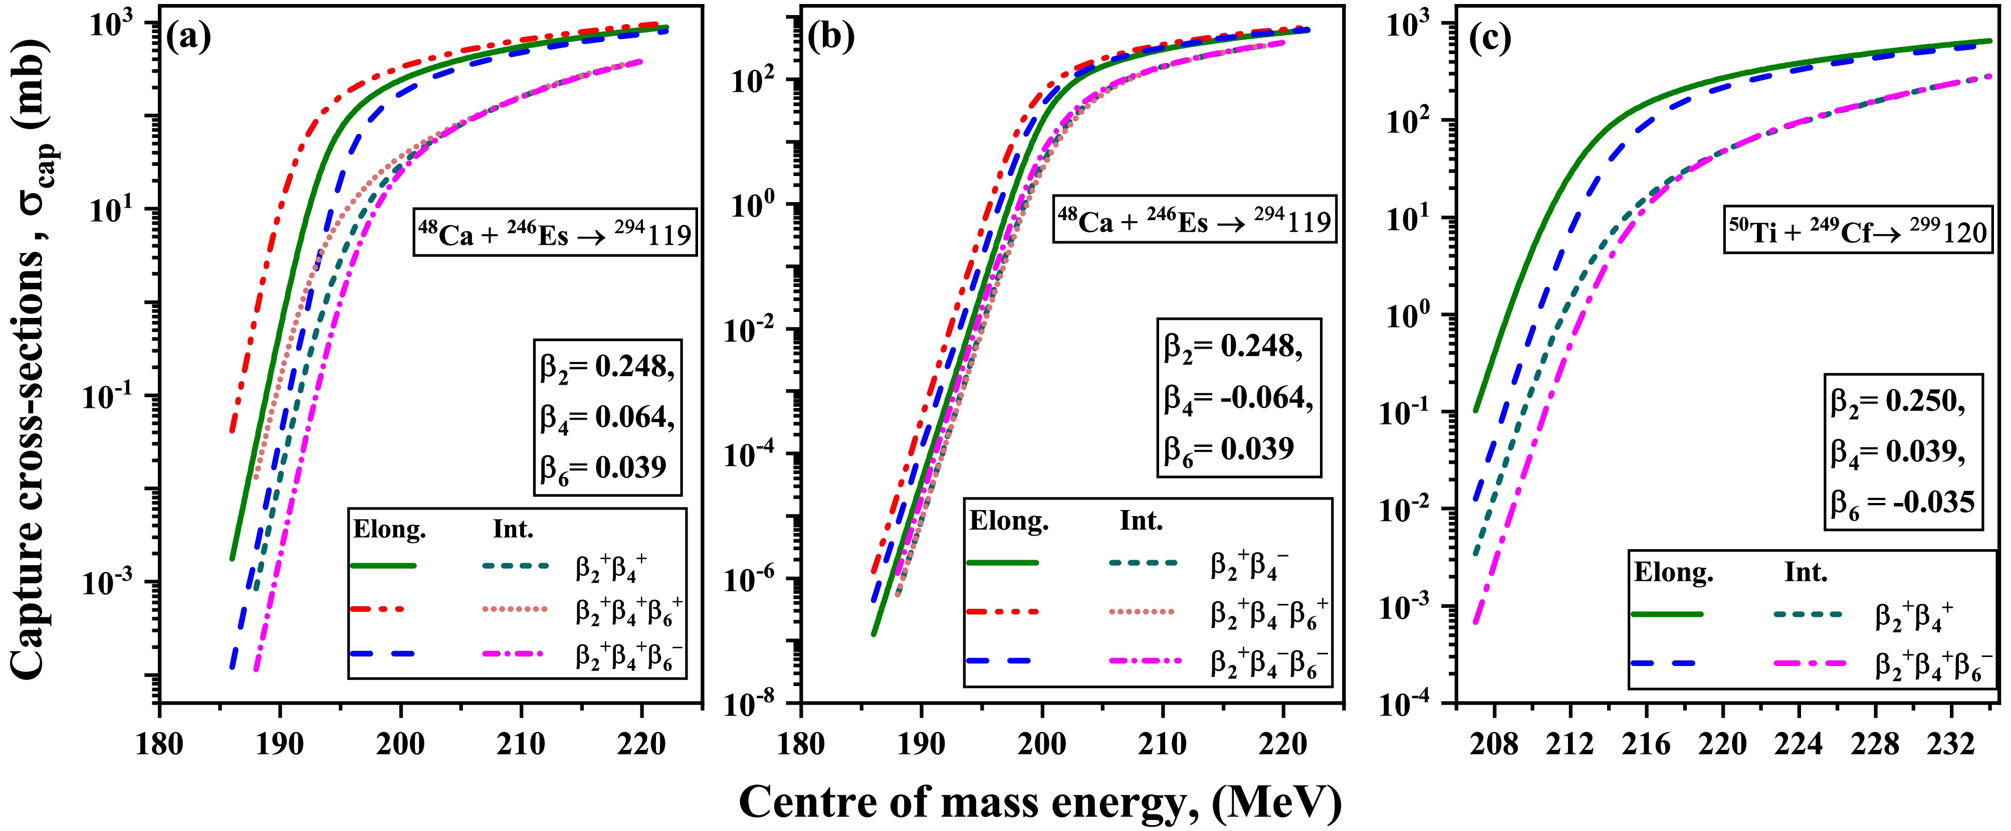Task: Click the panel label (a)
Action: (189, 38)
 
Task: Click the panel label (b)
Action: (831, 38)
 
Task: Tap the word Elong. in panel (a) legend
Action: (389, 530)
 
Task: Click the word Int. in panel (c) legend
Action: (1806, 573)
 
